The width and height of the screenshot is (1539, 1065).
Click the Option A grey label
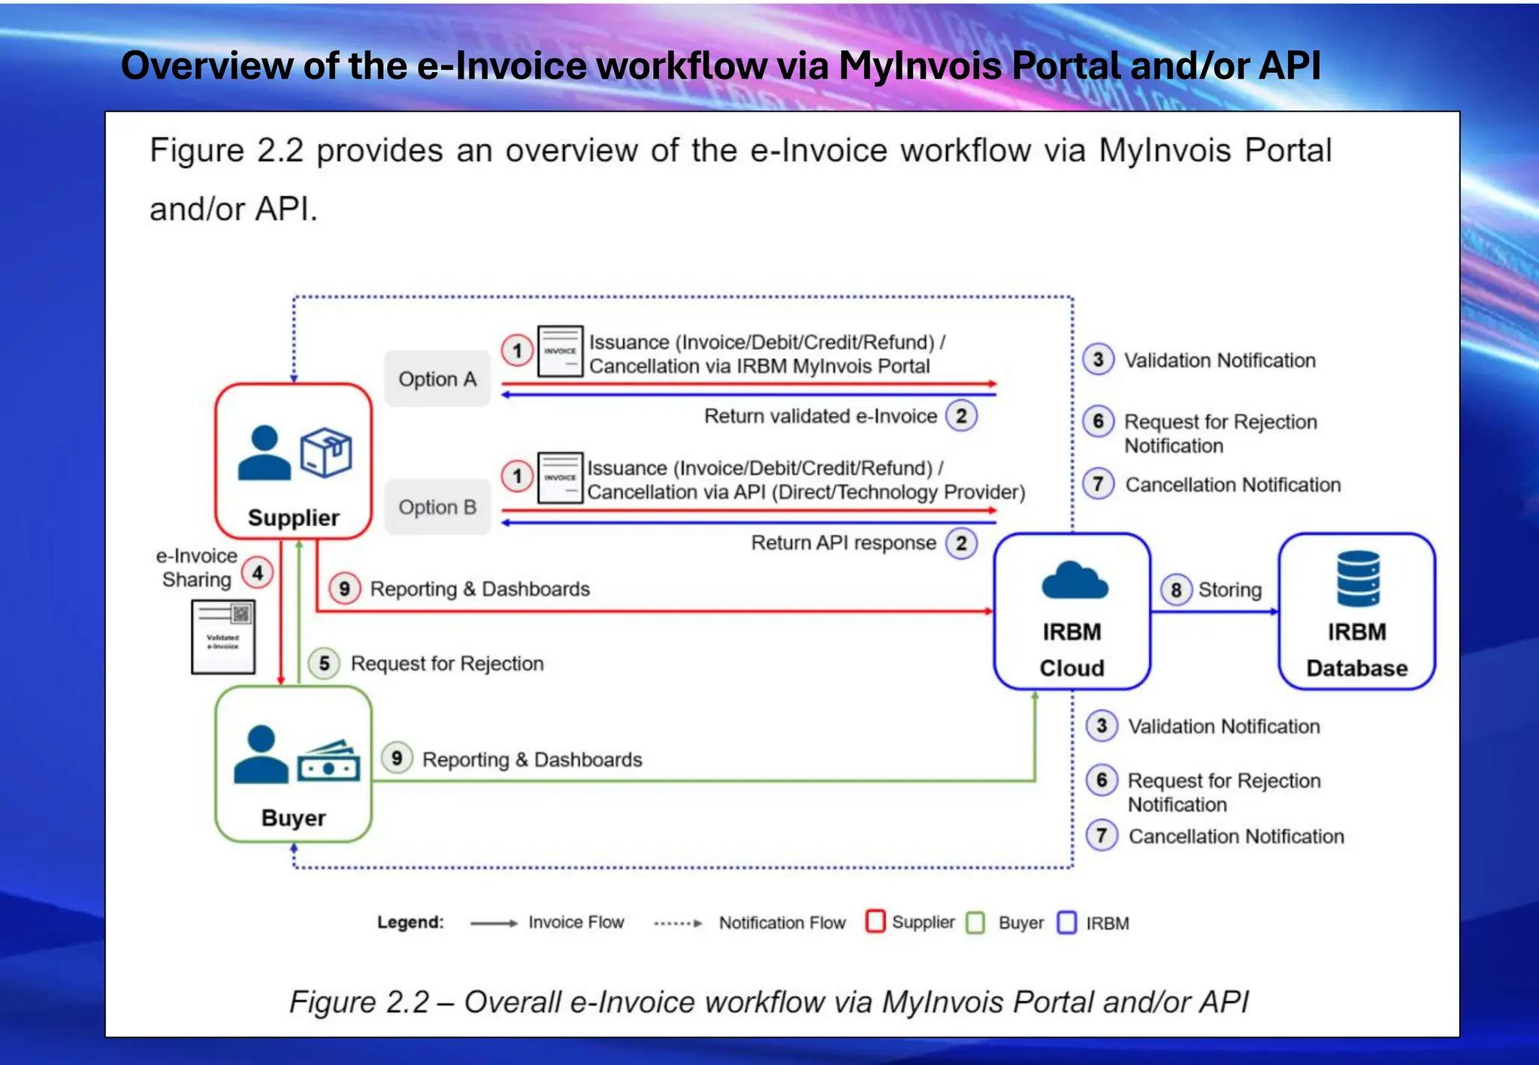[x=437, y=379]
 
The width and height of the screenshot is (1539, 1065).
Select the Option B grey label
[x=437, y=508]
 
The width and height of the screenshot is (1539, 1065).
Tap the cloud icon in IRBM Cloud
[x=1074, y=581]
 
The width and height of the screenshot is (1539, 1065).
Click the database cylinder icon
[x=1358, y=578]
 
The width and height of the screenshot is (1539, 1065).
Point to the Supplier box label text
[x=293, y=518]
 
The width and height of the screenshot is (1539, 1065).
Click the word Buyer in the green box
[x=293, y=818]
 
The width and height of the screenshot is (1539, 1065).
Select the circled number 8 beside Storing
[x=1176, y=590]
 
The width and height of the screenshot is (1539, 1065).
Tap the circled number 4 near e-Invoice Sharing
[x=258, y=574]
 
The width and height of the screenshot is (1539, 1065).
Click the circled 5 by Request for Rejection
[x=324, y=664]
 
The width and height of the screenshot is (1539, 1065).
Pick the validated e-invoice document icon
[x=223, y=636]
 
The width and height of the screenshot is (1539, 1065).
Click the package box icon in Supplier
[x=325, y=453]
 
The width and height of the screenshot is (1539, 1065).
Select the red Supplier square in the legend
[x=875, y=922]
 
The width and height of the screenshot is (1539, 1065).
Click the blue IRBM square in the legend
[x=1066, y=922]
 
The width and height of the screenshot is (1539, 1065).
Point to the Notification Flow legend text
[x=782, y=923]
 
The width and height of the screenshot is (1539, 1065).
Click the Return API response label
[x=843, y=543]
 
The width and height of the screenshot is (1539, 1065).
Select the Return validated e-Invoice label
[x=820, y=416]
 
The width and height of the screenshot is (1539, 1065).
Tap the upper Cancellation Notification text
[x=1232, y=485]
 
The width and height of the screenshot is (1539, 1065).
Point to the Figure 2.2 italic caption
[x=769, y=1002]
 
